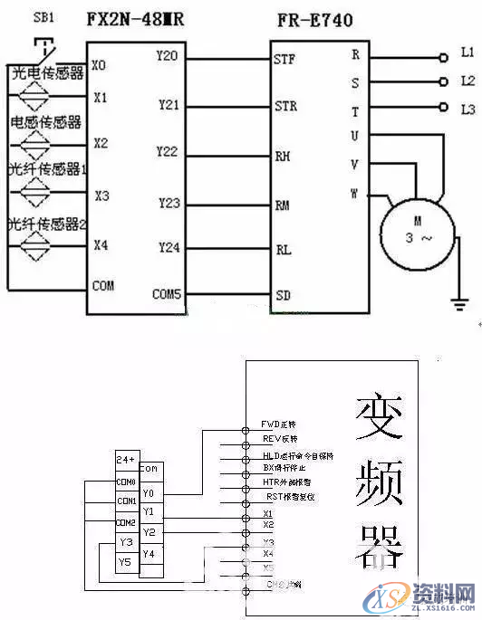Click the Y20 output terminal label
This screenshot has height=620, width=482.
167,56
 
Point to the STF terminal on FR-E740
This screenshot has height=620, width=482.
284,60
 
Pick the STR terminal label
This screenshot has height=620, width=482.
284,107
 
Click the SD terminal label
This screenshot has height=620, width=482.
283,295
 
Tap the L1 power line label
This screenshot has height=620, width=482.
468,53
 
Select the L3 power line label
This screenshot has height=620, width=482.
468,110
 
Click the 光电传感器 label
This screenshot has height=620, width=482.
46,72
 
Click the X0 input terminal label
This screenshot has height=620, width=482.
100,65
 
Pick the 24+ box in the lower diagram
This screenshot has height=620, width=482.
126,459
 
